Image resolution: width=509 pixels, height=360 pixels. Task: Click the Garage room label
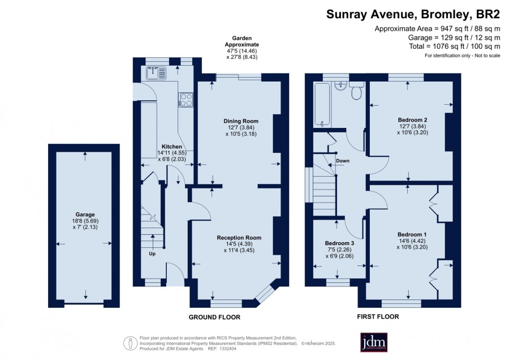click(x=85, y=215)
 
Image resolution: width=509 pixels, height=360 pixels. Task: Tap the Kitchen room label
click(x=172, y=147)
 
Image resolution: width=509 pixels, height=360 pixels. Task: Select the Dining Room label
click(x=241, y=121)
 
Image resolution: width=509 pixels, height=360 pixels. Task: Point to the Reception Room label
click(x=239, y=238)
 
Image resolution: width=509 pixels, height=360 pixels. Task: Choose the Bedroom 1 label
click(x=412, y=234)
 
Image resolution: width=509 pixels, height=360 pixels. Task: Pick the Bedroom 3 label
click(x=339, y=243)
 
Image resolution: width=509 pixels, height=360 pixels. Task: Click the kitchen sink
click(x=156, y=73)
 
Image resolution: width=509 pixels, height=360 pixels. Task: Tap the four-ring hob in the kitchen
click(x=186, y=100)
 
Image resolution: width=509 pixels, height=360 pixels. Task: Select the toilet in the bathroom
click(x=357, y=91)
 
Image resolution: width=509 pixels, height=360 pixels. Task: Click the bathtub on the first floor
click(x=322, y=105)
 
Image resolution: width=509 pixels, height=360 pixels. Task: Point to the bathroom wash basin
click(x=340, y=85)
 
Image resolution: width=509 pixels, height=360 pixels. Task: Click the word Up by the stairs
click(x=152, y=254)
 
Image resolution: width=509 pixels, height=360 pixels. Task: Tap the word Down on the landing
click(x=343, y=161)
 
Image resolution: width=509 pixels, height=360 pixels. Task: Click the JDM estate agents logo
click(x=374, y=342)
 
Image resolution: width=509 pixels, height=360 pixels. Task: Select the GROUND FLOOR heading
click(x=214, y=317)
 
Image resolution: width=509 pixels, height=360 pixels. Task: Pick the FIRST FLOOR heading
click(x=378, y=316)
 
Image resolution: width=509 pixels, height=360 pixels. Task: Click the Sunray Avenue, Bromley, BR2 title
click(x=413, y=14)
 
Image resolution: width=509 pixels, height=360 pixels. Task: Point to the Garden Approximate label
click(x=242, y=41)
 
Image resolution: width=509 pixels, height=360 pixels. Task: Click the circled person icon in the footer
click(x=131, y=343)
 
